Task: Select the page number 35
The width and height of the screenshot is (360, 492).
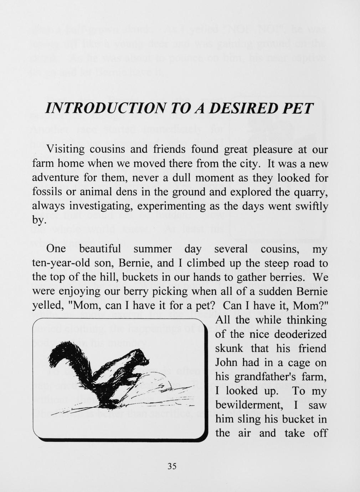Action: tap(172, 466)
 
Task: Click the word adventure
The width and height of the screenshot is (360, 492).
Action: tap(55, 178)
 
